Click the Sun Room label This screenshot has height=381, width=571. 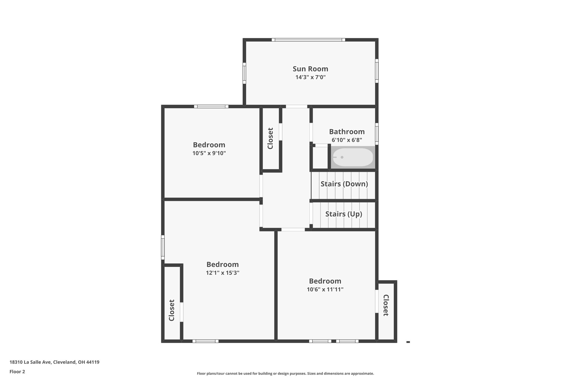pyautogui.click(x=310, y=69)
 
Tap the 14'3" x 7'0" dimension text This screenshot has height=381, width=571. pyautogui.click(x=310, y=77)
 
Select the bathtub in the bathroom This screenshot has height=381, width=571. pyautogui.click(x=353, y=157)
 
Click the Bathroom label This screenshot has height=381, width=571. pyautogui.click(x=347, y=132)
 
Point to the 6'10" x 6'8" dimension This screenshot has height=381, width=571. pyautogui.click(x=347, y=140)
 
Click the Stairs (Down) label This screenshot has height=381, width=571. pyautogui.click(x=344, y=184)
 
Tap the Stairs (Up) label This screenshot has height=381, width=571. pyautogui.click(x=343, y=214)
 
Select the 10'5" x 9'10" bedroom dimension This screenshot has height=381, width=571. pyautogui.click(x=209, y=153)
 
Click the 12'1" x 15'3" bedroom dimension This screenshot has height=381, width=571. pyautogui.click(x=222, y=273)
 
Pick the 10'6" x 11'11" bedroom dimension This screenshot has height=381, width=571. pyautogui.click(x=325, y=289)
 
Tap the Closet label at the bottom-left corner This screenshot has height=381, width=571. pyautogui.click(x=172, y=310)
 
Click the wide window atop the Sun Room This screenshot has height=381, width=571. pyautogui.click(x=308, y=40)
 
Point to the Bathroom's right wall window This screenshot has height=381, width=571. pyautogui.click(x=377, y=134)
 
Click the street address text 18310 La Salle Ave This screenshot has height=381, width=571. pyautogui.click(x=54, y=362)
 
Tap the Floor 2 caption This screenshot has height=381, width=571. pyautogui.click(x=17, y=372)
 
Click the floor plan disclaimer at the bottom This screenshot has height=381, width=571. pyautogui.click(x=285, y=373)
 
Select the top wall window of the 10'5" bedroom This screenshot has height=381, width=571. pyautogui.click(x=211, y=106)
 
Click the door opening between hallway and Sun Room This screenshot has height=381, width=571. pyautogui.click(x=296, y=106)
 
